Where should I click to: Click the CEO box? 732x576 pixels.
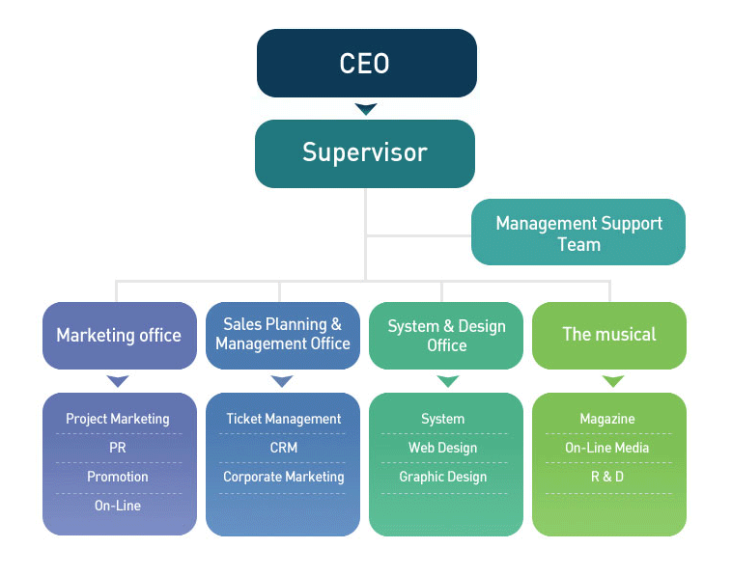pyautogui.click(x=365, y=64)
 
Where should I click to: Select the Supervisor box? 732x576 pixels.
pyautogui.click(x=365, y=152)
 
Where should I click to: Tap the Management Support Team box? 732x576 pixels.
pyautogui.click(x=578, y=233)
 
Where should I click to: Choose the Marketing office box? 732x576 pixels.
pyautogui.click(x=119, y=336)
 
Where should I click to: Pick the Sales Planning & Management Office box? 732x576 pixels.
pyautogui.click(x=282, y=335)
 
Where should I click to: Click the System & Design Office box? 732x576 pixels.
pyautogui.click(x=446, y=335)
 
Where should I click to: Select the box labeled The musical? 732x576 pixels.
pyautogui.click(x=609, y=335)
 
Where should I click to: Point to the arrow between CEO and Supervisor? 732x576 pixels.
pyautogui.click(x=365, y=109)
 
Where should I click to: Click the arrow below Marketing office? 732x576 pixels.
pyautogui.click(x=118, y=381)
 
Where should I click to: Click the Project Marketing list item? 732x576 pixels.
pyautogui.click(x=118, y=419)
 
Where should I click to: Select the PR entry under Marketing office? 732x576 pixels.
pyautogui.click(x=118, y=448)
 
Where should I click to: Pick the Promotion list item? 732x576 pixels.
pyautogui.click(x=118, y=477)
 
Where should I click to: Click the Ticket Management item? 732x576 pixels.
pyautogui.click(x=283, y=419)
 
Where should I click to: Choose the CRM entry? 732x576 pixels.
pyautogui.click(x=283, y=448)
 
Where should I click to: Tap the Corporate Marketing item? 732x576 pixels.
pyautogui.click(x=283, y=477)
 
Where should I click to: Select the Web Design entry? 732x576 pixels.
pyautogui.click(x=443, y=448)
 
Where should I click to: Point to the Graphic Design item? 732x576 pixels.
pyautogui.click(x=443, y=477)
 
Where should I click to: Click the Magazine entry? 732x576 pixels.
pyautogui.click(x=607, y=419)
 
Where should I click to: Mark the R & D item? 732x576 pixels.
pyautogui.click(x=607, y=477)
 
